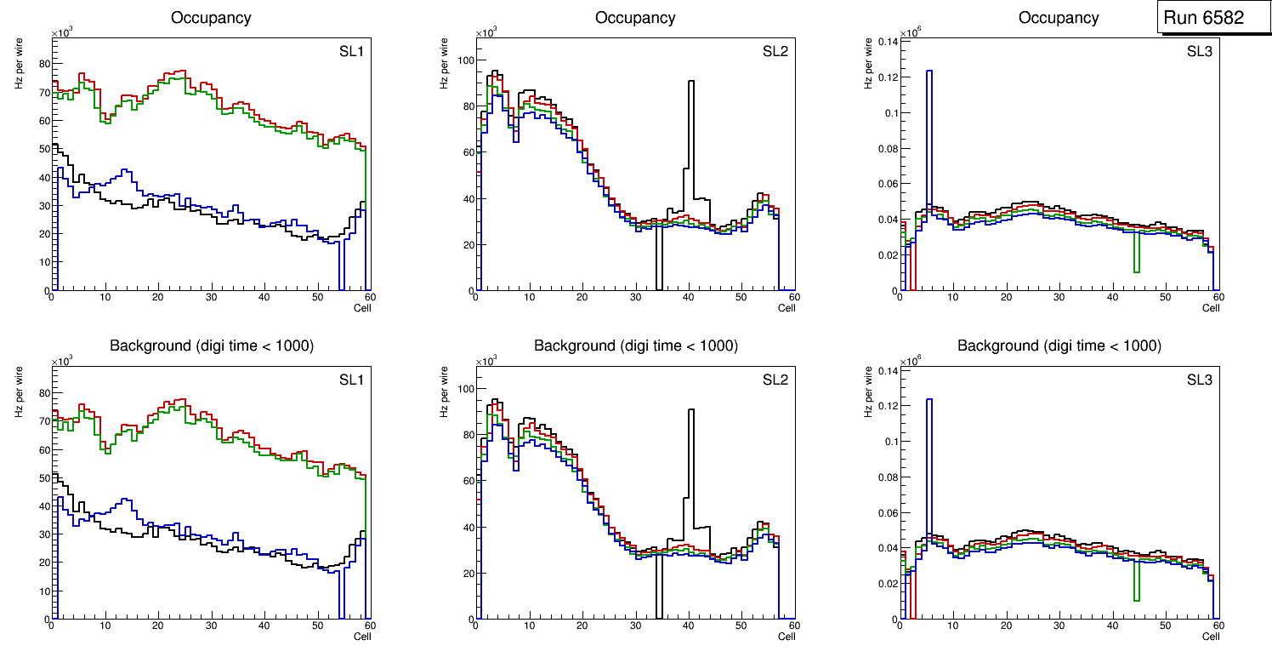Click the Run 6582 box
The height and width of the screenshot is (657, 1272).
pyautogui.click(x=1208, y=17)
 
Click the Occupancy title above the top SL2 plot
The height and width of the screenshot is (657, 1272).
pyautogui.click(x=635, y=17)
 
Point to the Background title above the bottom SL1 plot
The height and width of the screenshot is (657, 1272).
pyautogui.click(x=211, y=346)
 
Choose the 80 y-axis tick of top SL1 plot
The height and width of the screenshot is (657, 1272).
pyautogui.click(x=41, y=64)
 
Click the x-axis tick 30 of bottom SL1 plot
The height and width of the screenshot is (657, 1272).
pyautogui.click(x=211, y=626)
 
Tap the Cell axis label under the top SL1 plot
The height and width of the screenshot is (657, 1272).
pyautogui.click(x=362, y=308)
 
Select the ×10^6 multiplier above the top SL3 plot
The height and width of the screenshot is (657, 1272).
pyautogui.click(x=912, y=32)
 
